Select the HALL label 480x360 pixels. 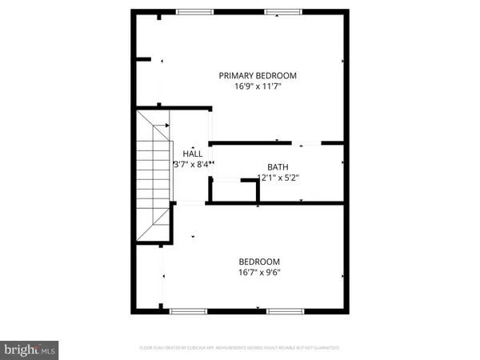[x=192, y=154]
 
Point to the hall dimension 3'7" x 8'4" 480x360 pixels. [x=193, y=165]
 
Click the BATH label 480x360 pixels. [x=278, y=167]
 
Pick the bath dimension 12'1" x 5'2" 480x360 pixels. [x=278, y=178]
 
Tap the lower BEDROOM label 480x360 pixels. [x=259, y=262]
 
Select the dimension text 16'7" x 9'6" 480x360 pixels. [x=259, y=273]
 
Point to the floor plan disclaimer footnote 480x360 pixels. [x=240, y=348]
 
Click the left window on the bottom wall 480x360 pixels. [x=189, y=310]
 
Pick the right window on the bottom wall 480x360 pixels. [x=284, y=310]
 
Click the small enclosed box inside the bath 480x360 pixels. [x=234, y=192]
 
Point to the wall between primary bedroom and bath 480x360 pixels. [x=248, y=143]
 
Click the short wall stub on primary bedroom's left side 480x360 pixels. [x=143, y=58]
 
